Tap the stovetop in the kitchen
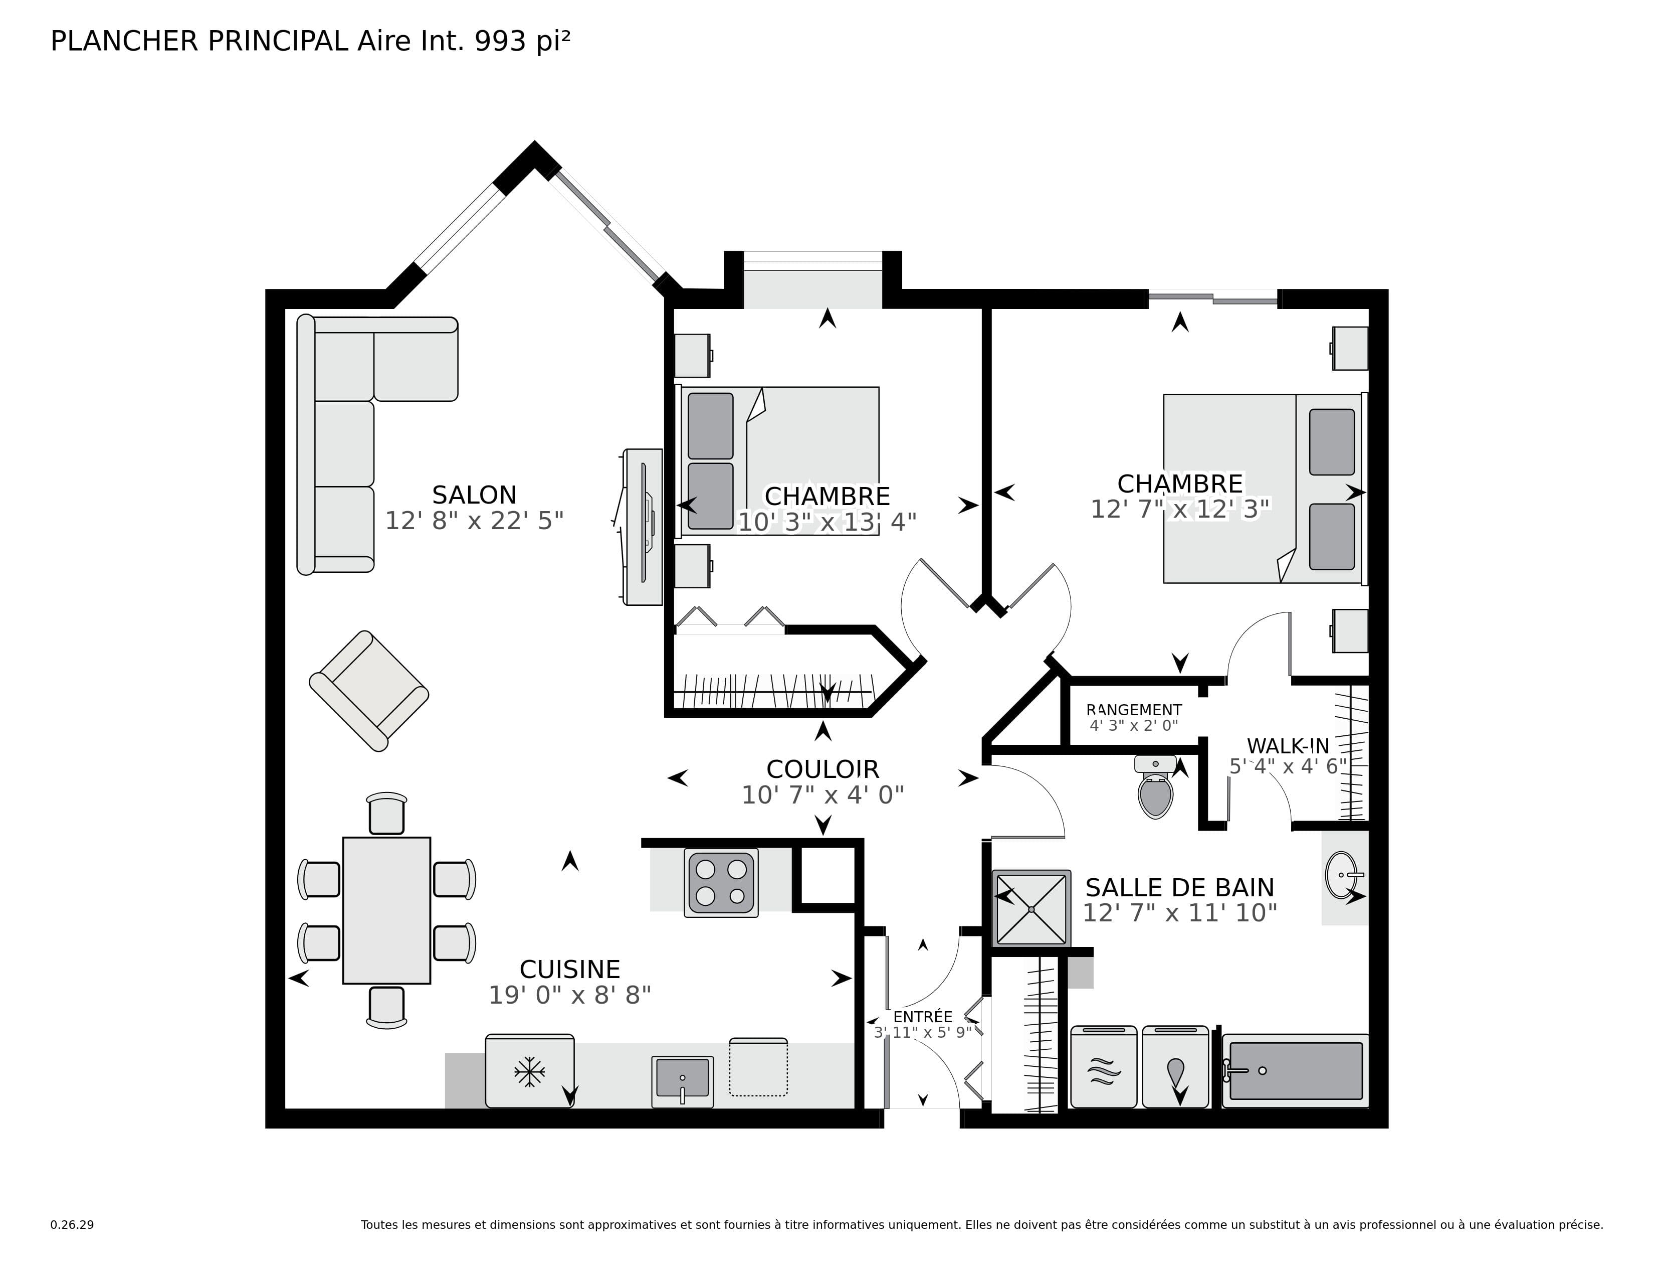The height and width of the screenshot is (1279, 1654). (x=721, y=883)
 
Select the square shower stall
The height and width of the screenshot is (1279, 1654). (x=1031, y=908)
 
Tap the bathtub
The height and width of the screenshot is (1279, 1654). (x=1296, y=1071)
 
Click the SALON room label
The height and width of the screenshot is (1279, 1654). (x=474, y=495)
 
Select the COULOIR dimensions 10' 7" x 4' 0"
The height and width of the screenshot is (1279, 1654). (x=822, y=795)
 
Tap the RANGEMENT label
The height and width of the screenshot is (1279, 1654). (x=1134, y=710)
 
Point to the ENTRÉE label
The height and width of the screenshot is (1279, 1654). (x=922, y=1017)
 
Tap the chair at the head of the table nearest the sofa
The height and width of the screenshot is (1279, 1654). (x=386, y=814)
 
